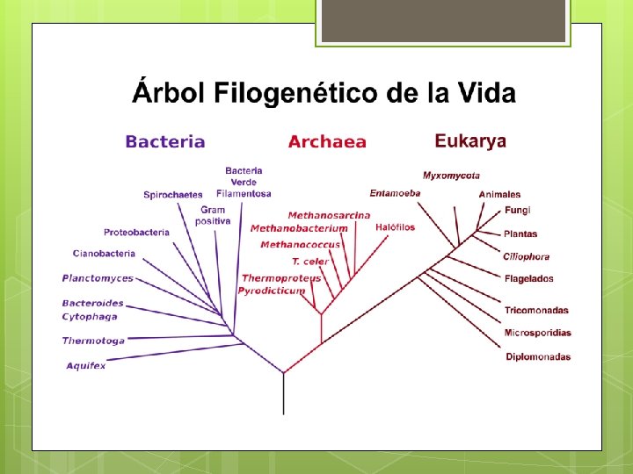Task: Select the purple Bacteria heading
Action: click(x=165, y=142)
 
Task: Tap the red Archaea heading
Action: click(x=327, y=142)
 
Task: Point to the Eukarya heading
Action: click(x=470, y=141)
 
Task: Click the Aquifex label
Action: click(x=85, y=365)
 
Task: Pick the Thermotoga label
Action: click(x=92, y=341)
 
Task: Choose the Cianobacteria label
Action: click(x=104, y=254)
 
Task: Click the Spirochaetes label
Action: click(x=172, y=195)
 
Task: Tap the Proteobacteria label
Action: click(x=136, y=233)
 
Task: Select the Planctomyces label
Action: click(x=98, y=278)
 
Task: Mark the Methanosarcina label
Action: click(x=329, y=215)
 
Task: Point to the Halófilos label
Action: click(x=395, y=227)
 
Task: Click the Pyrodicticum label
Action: click(x=272, y=290)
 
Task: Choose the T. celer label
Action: click(x=310, y=262)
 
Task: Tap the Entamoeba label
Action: click(x=395, y=193)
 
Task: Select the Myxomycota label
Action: click(x=451, y=176)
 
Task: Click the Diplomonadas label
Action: click(x=538, y=357)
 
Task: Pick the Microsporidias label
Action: click(x=538, y=334)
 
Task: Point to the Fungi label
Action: click(x=518, y=211)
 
